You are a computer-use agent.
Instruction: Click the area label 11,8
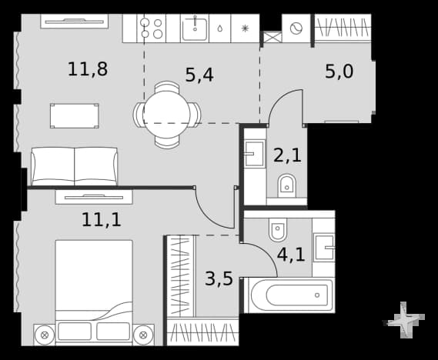point(88,69)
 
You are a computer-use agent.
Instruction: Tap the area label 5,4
point(199,75)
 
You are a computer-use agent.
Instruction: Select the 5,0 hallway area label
point(339,72)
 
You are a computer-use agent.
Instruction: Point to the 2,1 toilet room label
point(287,155)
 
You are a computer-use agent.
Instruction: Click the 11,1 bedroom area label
point(102,219)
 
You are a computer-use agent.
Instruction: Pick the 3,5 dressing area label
point(219,278)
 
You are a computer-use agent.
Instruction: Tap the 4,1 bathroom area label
point(291,255)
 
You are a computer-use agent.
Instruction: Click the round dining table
point(167,115)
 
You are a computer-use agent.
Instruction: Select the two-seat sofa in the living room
point(75,166)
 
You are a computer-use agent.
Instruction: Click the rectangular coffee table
point(75,116)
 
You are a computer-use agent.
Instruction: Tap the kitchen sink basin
point(195,29)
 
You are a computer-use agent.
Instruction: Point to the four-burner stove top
point(152,28)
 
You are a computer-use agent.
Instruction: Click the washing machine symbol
point(296,28)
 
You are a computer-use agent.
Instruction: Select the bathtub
point(293,295)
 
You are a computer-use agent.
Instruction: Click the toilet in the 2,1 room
point(286,185)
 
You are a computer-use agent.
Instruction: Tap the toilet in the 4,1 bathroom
point(278,229)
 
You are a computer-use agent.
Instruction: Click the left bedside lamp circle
point(45,335)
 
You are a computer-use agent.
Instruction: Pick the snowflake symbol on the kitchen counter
point(245,28)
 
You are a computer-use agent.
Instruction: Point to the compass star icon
point(404,320)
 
